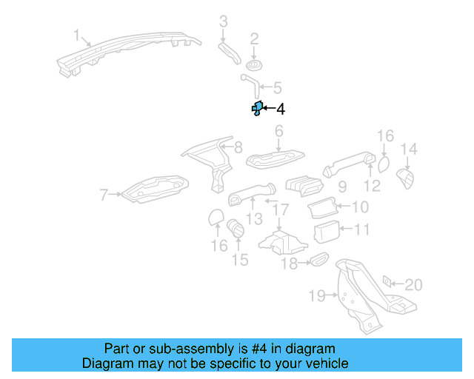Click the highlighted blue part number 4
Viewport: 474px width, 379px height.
point(256,110)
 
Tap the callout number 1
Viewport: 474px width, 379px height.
point(76,35)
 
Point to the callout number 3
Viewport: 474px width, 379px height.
point(223,21)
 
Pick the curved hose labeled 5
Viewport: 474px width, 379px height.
point(248,81)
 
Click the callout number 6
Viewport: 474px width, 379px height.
point(279,132)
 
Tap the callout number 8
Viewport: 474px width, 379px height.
point(238,147)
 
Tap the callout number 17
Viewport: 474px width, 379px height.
point(278,210)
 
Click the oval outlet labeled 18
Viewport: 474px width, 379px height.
point(318,260)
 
